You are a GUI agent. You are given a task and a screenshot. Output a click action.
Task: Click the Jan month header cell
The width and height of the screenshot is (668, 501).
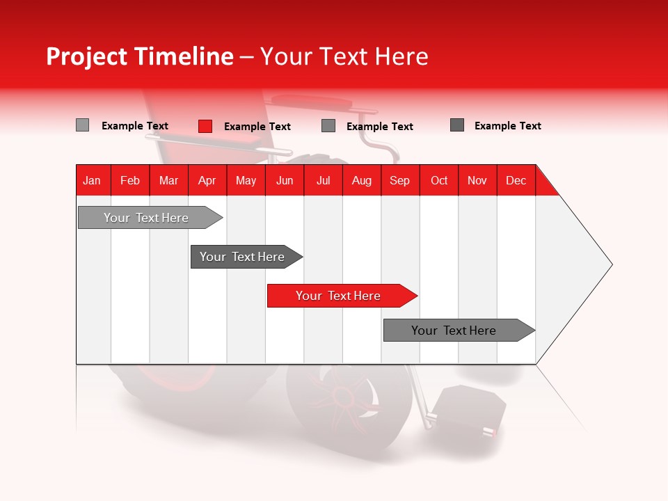coord(92,180)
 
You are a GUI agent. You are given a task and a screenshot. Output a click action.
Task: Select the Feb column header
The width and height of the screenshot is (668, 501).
coord(130,180)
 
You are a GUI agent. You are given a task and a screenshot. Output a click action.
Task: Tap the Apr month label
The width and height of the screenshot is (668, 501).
coord(207,180)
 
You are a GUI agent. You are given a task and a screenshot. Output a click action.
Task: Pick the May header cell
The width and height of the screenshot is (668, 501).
coord(246,180)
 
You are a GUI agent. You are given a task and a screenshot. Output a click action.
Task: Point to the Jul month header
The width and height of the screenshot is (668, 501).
coord(323,180)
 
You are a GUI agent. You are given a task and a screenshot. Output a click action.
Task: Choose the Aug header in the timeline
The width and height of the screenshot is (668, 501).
coord(361,180)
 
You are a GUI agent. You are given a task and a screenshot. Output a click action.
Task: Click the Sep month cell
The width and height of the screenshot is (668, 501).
coord(399,180)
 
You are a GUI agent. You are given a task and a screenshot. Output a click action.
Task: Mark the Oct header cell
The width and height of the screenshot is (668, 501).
coord(439,180)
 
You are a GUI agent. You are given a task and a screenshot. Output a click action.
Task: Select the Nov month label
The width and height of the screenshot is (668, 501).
coord(477,180)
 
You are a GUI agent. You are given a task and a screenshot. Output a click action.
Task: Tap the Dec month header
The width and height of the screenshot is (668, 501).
coord(516,180)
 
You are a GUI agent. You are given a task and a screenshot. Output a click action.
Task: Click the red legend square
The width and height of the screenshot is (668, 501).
coord(205,126)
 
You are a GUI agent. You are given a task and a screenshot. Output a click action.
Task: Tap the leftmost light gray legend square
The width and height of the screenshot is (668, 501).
coord(82,125)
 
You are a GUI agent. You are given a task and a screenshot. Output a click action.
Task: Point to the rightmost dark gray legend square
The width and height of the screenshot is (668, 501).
coord(457,125)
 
